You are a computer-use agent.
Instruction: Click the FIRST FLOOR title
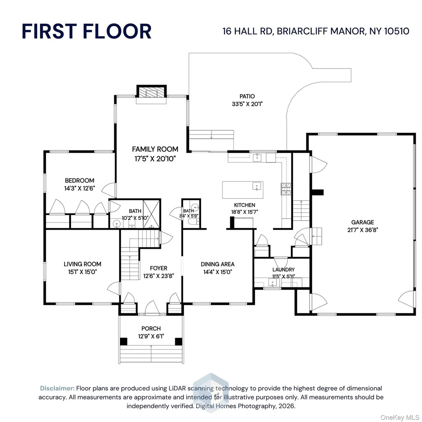point(86,31)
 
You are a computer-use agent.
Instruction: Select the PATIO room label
point(247,96)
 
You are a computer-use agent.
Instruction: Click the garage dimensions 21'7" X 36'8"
point(363,230)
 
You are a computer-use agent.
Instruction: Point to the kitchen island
point(243,190)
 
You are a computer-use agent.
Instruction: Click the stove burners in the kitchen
point(286,189)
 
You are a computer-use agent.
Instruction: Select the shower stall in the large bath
point(151,214)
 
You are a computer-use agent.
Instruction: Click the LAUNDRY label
point(283,269)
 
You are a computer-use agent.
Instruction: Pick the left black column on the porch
point(123,341)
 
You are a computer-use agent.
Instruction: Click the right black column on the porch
point(178,341)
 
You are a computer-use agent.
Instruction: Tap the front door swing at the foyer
point(152,307)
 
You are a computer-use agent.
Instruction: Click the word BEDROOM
point(79,181)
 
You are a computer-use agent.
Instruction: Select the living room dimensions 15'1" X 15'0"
point(82,272)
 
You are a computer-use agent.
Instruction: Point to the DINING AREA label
point(217,264)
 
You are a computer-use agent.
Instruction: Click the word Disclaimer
point(57,388)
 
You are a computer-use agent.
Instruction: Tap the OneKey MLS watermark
point(400,417)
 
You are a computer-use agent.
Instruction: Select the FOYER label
point(158,269)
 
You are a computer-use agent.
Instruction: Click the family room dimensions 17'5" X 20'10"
point(155,159)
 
